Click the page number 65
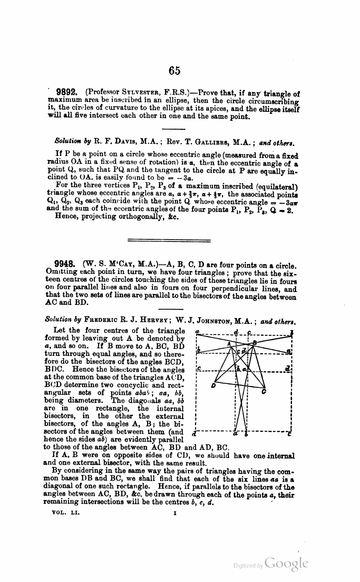tap(175, 71)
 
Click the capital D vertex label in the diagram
tap(213, 386)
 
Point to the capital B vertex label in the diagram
tap(255, 343)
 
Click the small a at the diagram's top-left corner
tap(197, 332)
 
